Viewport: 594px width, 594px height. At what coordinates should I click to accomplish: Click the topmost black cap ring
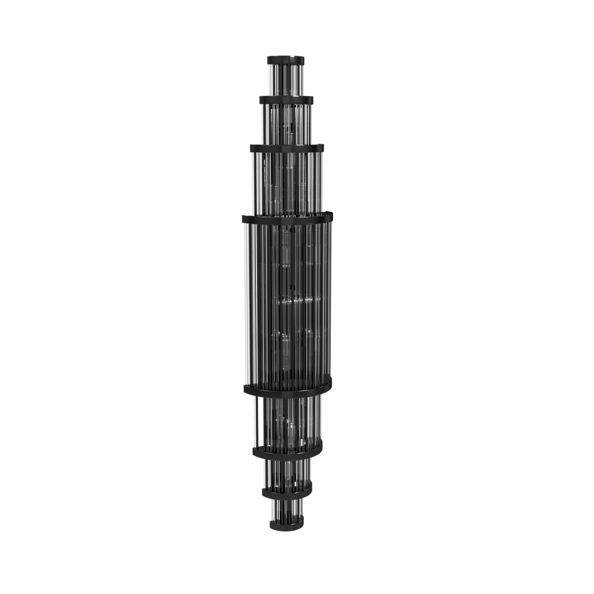(x=286, y=59)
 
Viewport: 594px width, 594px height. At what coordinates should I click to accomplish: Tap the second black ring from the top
(x=286, y=99)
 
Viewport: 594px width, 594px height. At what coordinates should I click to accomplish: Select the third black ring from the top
(x=286, y=148)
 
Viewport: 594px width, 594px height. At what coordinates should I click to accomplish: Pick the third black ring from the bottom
(x=287, y=450)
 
